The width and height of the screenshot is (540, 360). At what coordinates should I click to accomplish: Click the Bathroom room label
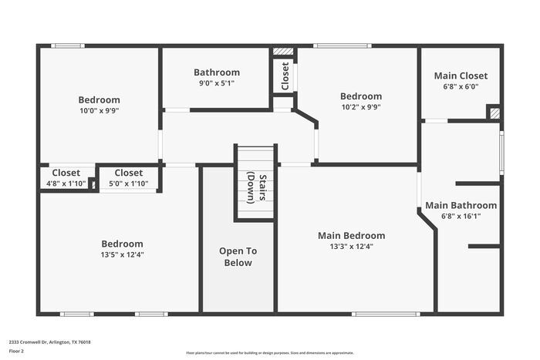[216, 72]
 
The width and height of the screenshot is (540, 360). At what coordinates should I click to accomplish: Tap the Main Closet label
[461, 76]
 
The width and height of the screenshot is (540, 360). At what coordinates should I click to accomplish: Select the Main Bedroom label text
[351, 236]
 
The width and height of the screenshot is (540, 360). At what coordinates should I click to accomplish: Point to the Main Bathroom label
[461, 205]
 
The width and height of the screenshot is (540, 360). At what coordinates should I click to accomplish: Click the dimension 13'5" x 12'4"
[122, 254]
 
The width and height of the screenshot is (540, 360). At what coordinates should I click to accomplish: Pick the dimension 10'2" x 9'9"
[360, 107]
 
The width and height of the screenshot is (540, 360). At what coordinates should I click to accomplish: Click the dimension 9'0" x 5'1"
[216, 83]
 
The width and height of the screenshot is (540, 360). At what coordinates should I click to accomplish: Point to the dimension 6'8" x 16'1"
[461, 217]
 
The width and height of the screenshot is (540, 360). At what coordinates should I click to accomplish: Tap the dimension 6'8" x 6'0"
[461, 86]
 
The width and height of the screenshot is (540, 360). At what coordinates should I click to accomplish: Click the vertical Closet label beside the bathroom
[285, 76]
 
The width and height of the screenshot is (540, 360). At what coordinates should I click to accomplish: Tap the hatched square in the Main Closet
[494, 113]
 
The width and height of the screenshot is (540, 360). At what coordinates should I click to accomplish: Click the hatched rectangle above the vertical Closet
[284, 52]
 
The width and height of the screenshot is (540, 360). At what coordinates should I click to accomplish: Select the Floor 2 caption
[16, 350]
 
